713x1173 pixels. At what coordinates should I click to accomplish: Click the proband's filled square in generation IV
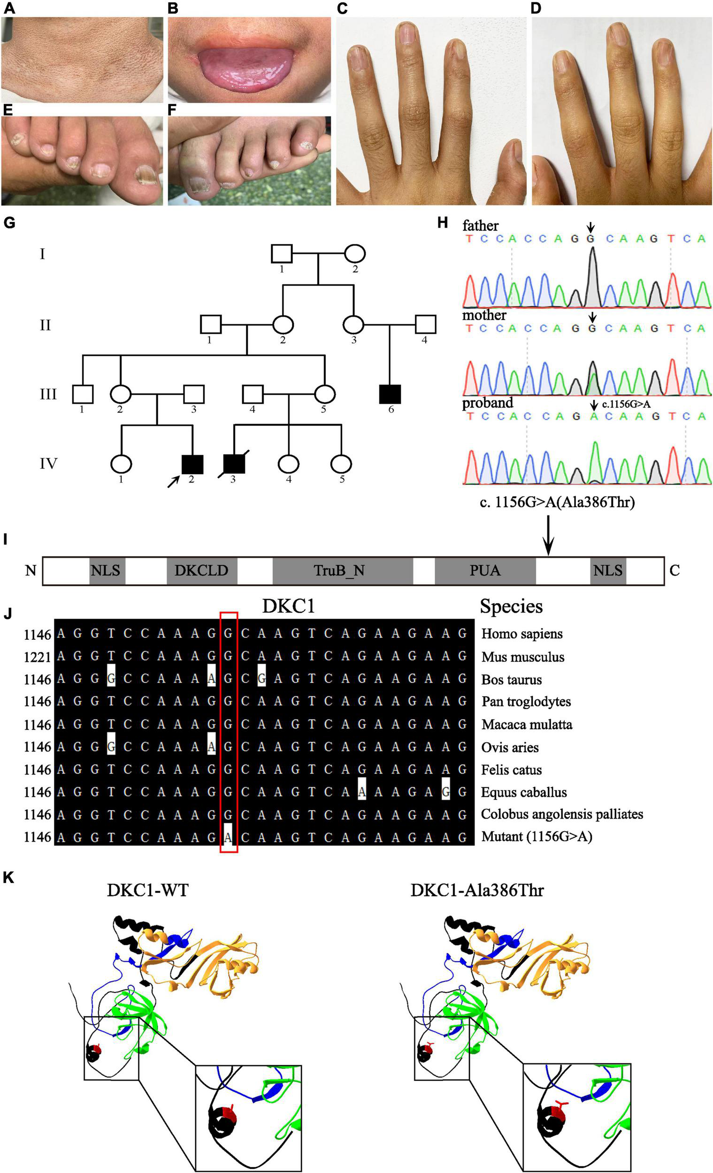pyautogui.click(x=192, y=465)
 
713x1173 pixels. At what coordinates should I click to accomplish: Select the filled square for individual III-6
pyautogui.click(x=390, y=394)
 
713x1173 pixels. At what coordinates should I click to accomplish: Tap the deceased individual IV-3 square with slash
pyautogui.click(x=234, y=464)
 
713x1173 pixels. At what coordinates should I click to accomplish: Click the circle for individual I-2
pyautogui.click(x=354, y=253)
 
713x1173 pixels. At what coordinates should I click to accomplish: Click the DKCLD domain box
pyautogui.click(x=201, y=570)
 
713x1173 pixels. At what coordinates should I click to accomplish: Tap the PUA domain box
pyautogui.click(x=484, y=570)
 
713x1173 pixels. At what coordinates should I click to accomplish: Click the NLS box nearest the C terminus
pyautogui.click(x=608, y=570)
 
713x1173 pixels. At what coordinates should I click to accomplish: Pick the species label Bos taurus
pyautogui.click(x=511, y=679)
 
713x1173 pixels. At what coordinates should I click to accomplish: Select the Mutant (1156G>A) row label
pyautogui.click(x=537, y=836)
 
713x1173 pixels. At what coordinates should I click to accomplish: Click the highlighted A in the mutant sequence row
pyautogui.click(x=229, y=837)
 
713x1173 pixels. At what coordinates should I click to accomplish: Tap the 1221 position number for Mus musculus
pyautogui.click(x=38, y=658)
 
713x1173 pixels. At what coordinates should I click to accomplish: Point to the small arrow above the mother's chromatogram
pyautogui.click(x=591, y=316)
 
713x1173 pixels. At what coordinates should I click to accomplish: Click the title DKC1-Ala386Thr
pyautogui.click(x=476, y=890)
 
